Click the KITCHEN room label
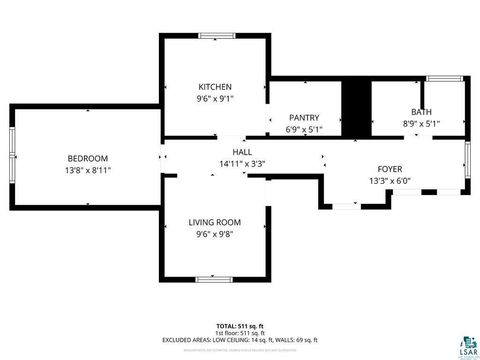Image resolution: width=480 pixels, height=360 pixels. click(x=215, y=87)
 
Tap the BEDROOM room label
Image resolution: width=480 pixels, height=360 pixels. click(x=88, y=158)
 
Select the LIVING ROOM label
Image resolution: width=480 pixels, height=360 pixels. click(x=215, y=222)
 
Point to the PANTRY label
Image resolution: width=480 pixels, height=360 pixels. click(x=304, y=117)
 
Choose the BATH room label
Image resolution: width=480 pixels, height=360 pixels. click(x=421, y=112)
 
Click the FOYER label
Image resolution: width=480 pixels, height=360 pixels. click(x=390, y=169)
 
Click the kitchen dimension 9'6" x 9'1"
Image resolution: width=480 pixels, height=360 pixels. click(x=215, y=99)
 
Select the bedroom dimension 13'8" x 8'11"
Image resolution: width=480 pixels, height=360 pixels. click(x=88, y=171)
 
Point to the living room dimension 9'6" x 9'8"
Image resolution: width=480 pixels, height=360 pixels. click(x=215, y=235)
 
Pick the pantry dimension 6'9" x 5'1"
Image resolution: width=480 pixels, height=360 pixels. click(x=304, y=129)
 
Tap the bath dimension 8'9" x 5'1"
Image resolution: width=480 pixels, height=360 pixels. click(x=421, y=124)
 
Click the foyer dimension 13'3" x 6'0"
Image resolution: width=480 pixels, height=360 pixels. click(x=390, y=181)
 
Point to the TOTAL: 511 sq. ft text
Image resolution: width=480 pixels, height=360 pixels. click(x=241, y=326)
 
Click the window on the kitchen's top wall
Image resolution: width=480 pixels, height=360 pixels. click(x=215, y=37)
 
